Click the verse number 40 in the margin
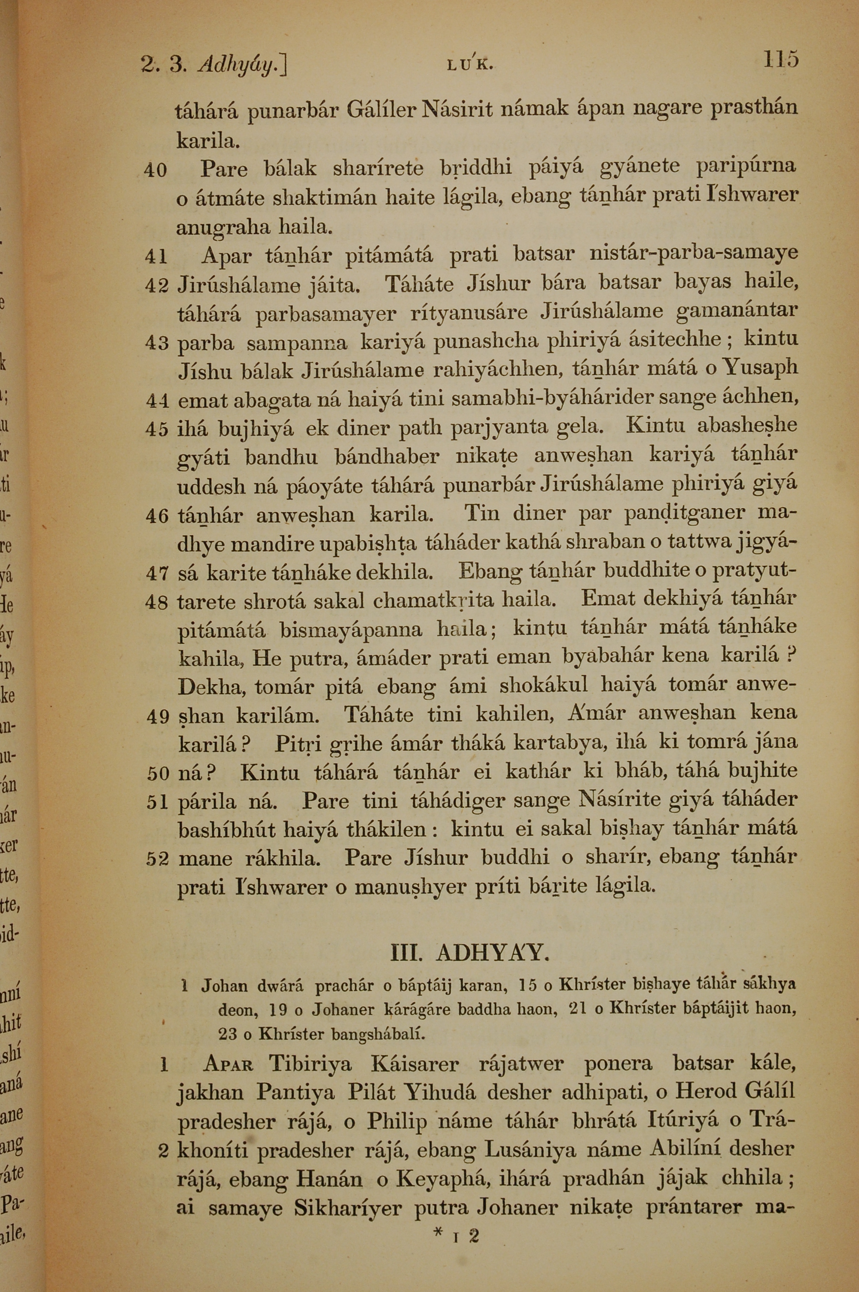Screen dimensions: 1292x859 (x=155, y=171)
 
